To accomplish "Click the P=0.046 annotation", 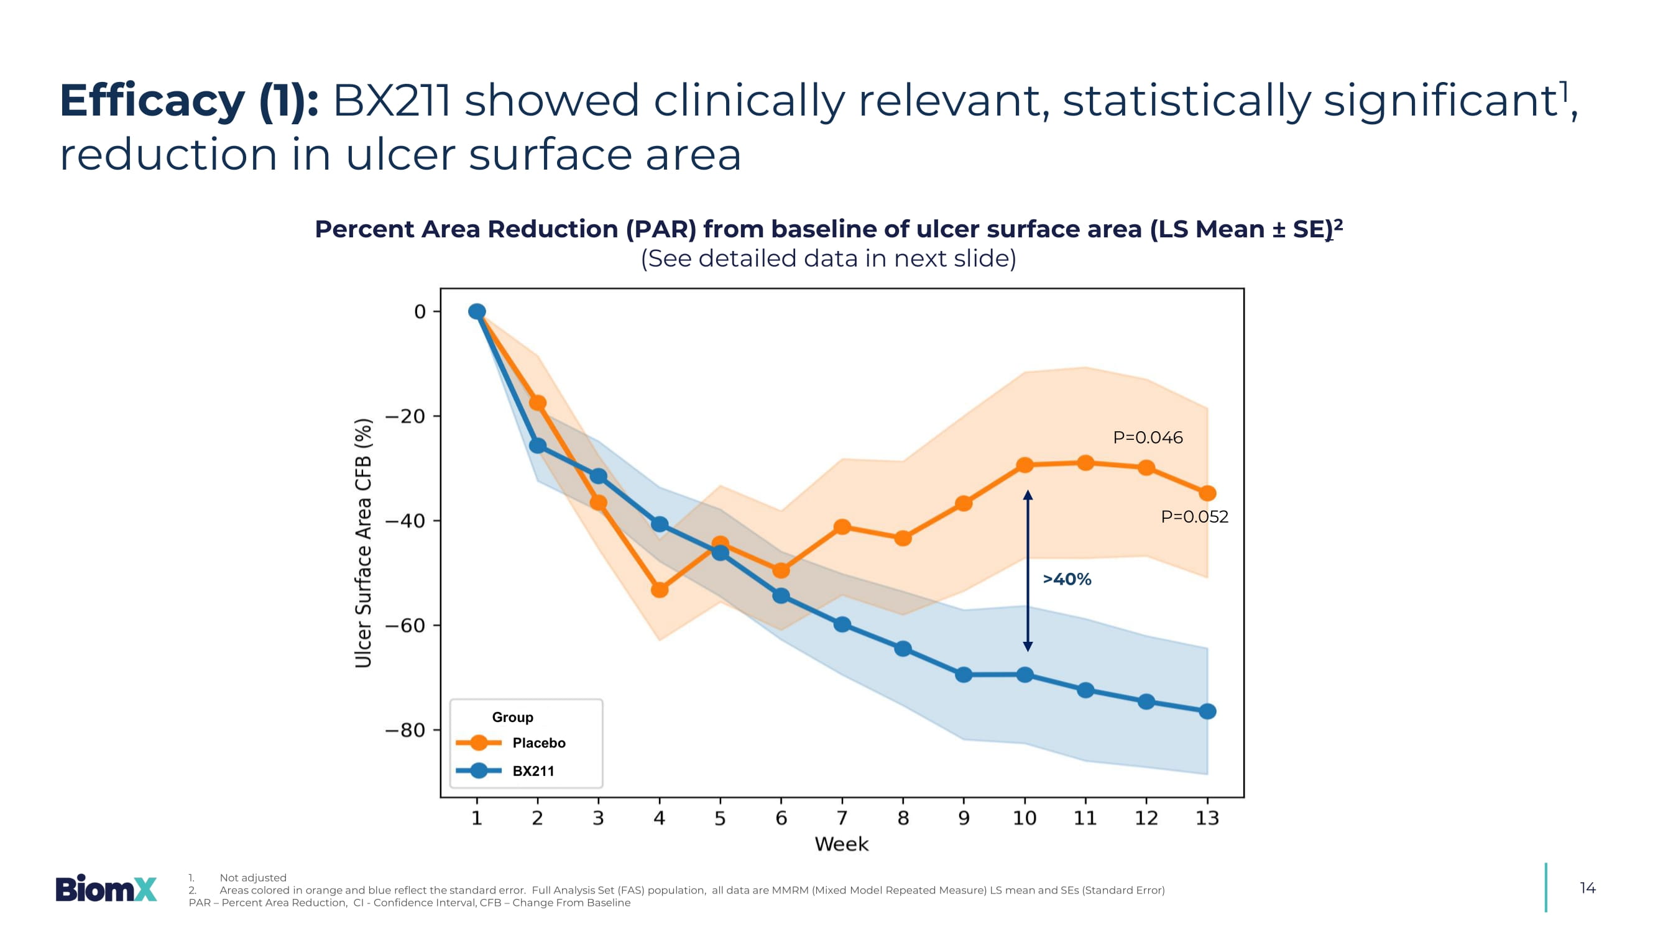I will pyautogui.click(x=1148, y=437).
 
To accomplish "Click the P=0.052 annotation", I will pyautogui.click(x=1194, y=516).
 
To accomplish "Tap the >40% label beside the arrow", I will pyautogui.click(x=1067, y=579).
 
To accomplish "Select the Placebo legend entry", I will pyautogui.click(x=538, y=743).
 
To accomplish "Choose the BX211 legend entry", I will pyautogui.click(x=533, y=770).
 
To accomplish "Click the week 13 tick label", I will pyautogui.click(x=1207, y=818).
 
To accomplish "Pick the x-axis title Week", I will pyautogui.click(x=841, y=844).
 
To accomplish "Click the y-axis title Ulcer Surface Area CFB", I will pyautogui.click(x=364, y=543).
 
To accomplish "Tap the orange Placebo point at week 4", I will pyautogui.click(x=659, y=589).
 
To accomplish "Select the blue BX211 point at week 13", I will pyautogui.click(x=1207, y=711).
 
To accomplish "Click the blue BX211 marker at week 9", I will pyautogui.click(x=964, y=675).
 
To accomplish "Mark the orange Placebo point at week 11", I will pyautogui.click(x=1085, y=462).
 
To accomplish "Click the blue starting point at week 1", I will pyautogui.click(x=477, y=311).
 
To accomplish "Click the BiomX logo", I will pyautogui.click(x=106, y=889).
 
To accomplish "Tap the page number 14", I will pyautogui.click(x=1587, y=889).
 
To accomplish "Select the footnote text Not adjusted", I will pyautogui.click(x=253, y=877).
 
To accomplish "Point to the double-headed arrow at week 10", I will pyautogui.click(x=1028, y=570).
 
